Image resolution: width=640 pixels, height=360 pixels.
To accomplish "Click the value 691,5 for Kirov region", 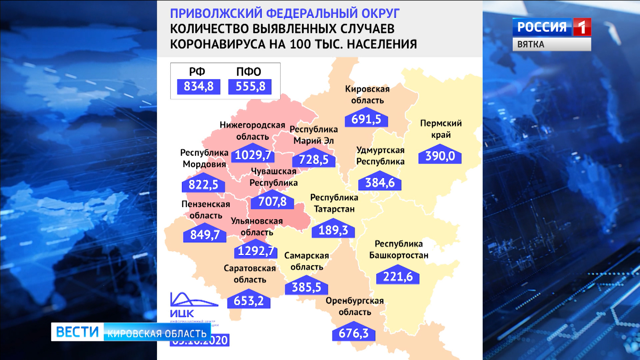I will [366, 119].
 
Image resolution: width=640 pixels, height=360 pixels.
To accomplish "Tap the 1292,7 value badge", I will [256, 251].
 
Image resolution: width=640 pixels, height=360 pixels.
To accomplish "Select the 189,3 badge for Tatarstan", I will [333, 230].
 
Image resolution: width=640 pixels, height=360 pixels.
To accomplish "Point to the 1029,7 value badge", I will [253, 155].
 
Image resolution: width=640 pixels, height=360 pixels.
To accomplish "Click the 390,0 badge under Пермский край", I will [440, 156].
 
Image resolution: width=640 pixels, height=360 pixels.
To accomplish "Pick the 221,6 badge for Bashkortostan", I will [398, 277].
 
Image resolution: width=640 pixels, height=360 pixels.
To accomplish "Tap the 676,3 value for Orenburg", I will [354, 333].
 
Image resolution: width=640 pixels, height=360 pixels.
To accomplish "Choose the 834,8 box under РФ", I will [199, 87].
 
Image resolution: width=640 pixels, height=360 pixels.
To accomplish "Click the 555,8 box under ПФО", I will [250, 87].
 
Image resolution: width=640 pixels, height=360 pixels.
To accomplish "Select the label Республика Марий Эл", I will [314, 135].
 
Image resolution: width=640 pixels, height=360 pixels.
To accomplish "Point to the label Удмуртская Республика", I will [380, 156].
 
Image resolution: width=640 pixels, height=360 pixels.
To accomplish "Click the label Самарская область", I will [307, 261].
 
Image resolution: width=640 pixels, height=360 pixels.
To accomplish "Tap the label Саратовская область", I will [250, 274].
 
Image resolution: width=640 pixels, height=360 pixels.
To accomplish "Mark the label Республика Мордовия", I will [204, 158].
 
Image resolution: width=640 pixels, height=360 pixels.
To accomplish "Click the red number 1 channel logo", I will [582, 27].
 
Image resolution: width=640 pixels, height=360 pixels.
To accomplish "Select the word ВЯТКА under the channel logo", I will [531, 44].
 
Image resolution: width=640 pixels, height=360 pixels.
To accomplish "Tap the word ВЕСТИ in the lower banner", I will [77, 332].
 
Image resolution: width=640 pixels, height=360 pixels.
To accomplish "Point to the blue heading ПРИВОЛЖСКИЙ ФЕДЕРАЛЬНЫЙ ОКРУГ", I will [285, 13].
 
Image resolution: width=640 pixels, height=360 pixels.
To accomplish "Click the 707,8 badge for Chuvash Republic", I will [272, 202].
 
